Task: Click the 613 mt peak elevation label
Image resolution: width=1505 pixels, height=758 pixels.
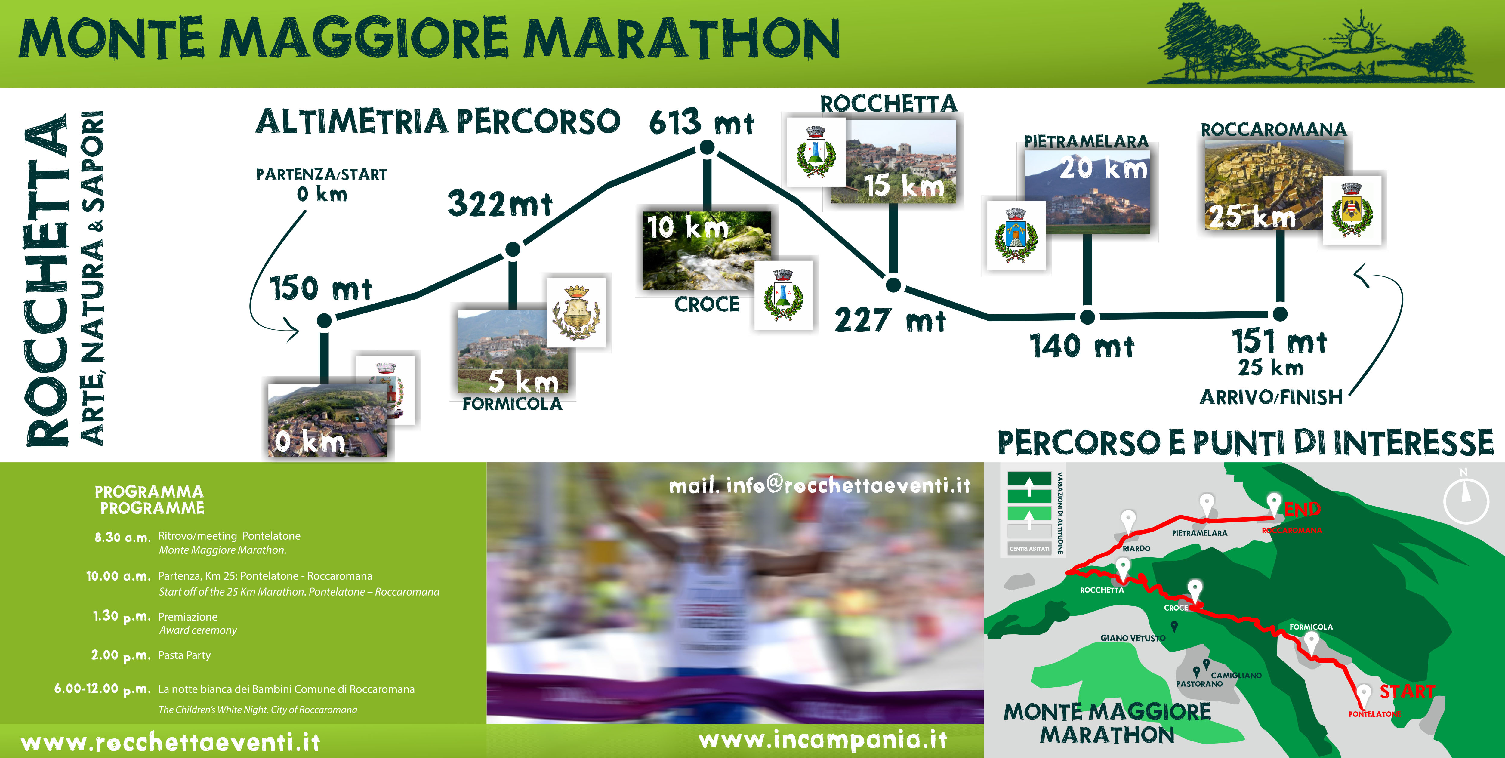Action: click(701, 122)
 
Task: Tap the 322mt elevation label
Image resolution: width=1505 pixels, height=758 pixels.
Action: click(500, 204)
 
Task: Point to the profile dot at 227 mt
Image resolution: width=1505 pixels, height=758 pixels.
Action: click(893, 285)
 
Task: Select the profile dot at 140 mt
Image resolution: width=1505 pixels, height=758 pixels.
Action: click(1087, 316)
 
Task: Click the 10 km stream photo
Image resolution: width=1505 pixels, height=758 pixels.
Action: click(707, 250)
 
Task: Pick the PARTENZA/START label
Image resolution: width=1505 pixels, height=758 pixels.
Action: click(321, 174)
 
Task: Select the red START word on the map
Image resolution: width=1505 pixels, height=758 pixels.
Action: click(1407, 692)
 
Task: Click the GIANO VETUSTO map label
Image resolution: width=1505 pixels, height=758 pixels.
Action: click(1133, 638)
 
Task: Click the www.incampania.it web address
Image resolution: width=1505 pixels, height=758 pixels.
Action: click(823, 740)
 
